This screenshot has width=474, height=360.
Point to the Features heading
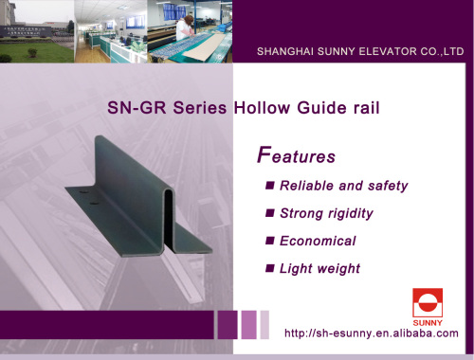coord(297,154)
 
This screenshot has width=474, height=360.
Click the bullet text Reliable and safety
coord(343,186)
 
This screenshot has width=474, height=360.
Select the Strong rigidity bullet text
coord(326,213)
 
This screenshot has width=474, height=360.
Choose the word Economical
coord(318,241)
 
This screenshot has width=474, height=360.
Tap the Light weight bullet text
coord(319,268)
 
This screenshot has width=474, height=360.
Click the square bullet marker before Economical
coord(270,242)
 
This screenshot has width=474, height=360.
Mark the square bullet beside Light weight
coord(270,269)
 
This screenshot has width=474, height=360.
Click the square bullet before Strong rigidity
coord(270,214)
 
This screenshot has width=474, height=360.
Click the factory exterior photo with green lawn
coord(37,33)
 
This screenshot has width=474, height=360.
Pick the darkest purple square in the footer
coord(228,324)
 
